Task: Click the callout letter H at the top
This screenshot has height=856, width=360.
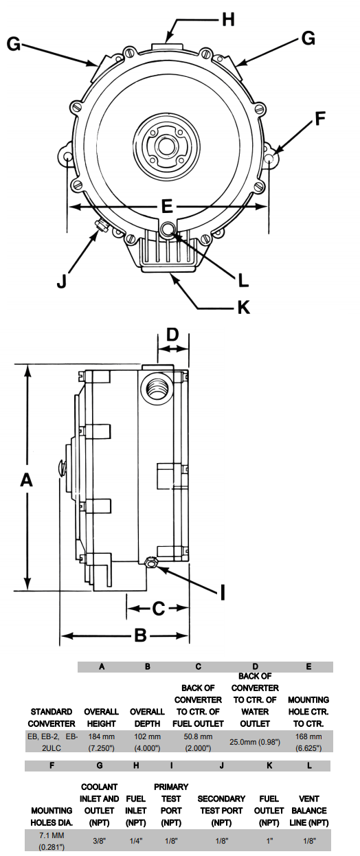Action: point(228,19)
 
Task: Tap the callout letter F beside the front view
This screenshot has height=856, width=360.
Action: point(319,118)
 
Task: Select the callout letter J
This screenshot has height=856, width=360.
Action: point(62,281)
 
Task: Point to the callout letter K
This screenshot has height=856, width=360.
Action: point(243,307)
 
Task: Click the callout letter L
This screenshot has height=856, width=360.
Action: point(243,280)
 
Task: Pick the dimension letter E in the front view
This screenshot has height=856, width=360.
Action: point(167,206)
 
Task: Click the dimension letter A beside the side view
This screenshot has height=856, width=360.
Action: point(26,480)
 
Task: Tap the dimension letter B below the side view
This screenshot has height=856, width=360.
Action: point(140,635)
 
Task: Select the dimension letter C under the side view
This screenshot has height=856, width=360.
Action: point(158,609)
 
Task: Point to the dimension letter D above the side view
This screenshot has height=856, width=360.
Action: point(172,334)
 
